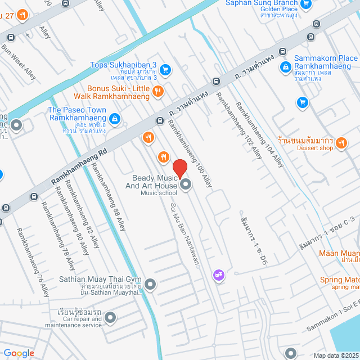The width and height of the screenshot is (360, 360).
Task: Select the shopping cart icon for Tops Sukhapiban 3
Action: [165, 70]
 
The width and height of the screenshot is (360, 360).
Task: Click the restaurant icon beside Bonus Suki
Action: [159, 91]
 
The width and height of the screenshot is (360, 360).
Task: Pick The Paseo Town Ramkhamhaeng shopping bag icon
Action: [114, 119]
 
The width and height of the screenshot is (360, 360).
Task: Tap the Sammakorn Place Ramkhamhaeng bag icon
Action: [286, 67]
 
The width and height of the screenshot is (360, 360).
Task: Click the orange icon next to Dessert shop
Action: [341, 144]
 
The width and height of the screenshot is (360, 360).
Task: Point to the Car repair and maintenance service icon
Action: [110, 318]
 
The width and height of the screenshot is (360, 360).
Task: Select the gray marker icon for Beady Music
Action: [185, 184]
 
